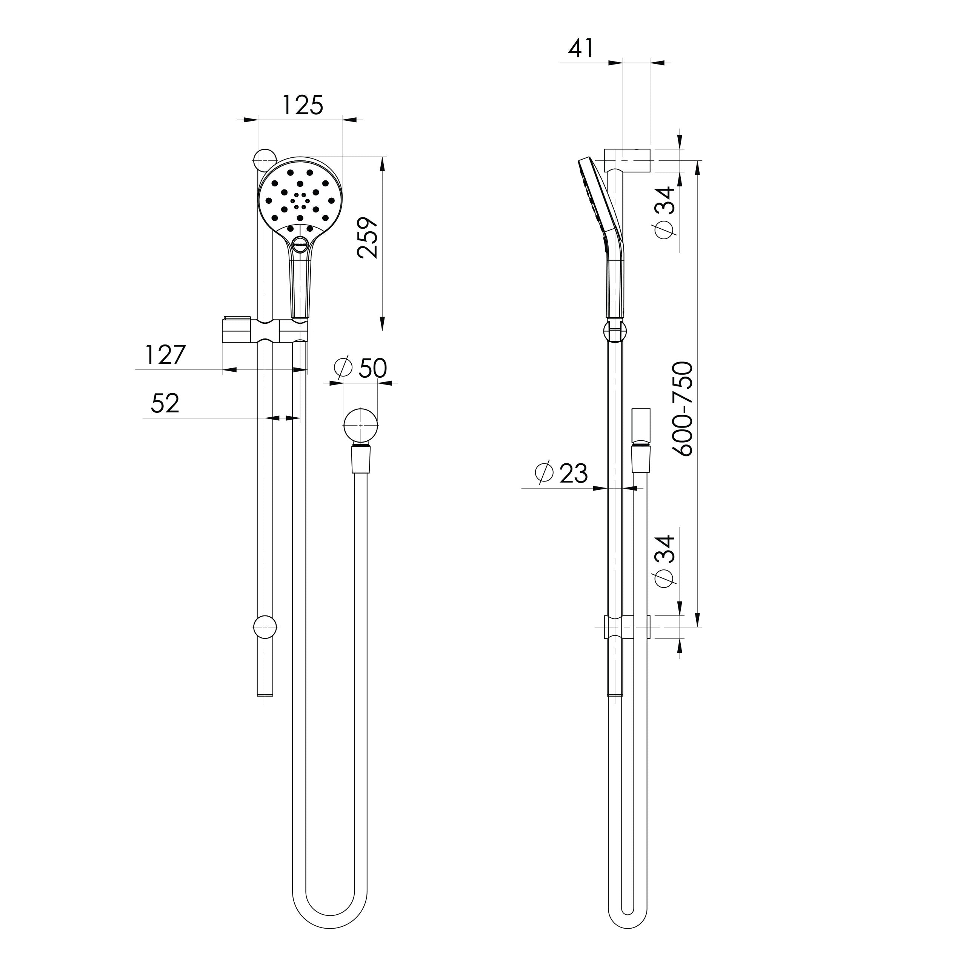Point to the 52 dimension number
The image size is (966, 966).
(x=165, y=403)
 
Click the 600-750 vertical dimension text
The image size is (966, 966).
(x=683, y=409)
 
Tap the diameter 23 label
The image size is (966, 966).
(x=561, y=473)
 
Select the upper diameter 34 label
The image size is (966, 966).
(x=665, y=212)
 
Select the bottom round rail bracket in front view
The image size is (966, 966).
(x=265, y=626)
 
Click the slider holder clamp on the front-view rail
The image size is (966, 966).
(x=265, y=331)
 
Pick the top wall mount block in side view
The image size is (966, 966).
(x=627, y=160)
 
